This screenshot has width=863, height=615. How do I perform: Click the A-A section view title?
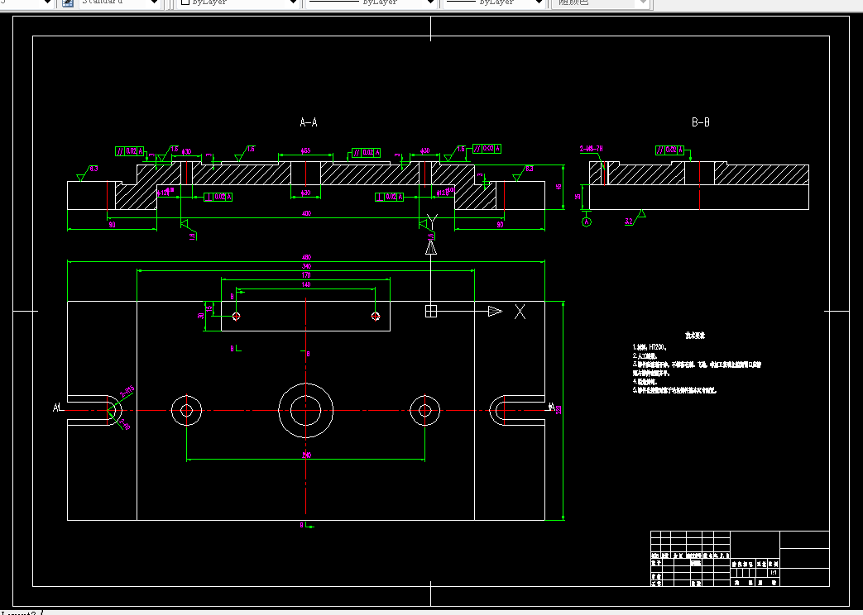[308, 122]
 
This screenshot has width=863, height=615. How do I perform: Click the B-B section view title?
[700, 122]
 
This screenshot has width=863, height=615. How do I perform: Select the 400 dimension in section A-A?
[306, 215]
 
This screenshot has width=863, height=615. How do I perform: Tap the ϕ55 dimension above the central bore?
[305, 151]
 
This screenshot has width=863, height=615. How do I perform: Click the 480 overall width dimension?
[306, 256]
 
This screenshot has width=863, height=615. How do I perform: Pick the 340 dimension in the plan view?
[306, 266]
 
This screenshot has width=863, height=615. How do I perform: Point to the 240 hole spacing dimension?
[306, 455]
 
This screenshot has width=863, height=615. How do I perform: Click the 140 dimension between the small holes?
[306, 284]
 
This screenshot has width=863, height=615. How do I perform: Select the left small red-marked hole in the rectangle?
[237, 316]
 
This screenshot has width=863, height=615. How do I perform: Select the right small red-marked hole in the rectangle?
[376, 316]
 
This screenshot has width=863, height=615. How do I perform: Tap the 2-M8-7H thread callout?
[591, 149]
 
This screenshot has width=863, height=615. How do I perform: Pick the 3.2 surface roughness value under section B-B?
[629, 221]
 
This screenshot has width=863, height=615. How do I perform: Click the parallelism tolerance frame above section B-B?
[670, 150]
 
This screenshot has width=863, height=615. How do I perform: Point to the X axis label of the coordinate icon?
[520, 311]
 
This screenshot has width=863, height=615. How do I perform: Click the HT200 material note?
[654, 347]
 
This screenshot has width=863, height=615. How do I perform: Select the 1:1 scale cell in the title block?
[773, 572]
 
